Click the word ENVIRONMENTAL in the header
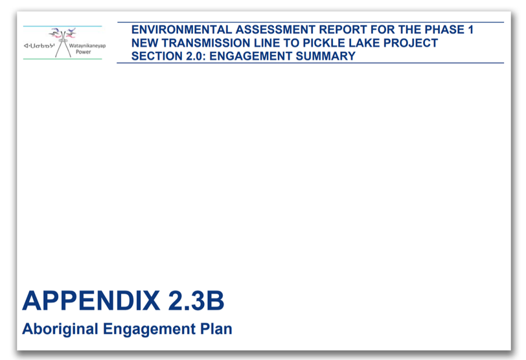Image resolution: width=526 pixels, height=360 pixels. point(181,30)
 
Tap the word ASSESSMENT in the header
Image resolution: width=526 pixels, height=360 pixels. point(275,30)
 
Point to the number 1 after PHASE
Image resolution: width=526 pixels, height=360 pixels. point(470,30)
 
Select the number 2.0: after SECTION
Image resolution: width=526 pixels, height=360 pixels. point(196,56)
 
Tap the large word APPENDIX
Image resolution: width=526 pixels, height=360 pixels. point(91,300)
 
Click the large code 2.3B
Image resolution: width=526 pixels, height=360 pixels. point(196,300)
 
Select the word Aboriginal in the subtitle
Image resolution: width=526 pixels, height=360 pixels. point(60,329)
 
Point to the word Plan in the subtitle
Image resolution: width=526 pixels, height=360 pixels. point(216,329)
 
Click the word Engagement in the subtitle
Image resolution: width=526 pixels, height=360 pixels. point(149,330)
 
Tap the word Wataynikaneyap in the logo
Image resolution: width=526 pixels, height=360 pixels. point(87,46)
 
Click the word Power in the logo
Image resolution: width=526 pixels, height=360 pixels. point(83,52)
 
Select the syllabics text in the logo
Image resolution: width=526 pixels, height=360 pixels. point(39,45)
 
